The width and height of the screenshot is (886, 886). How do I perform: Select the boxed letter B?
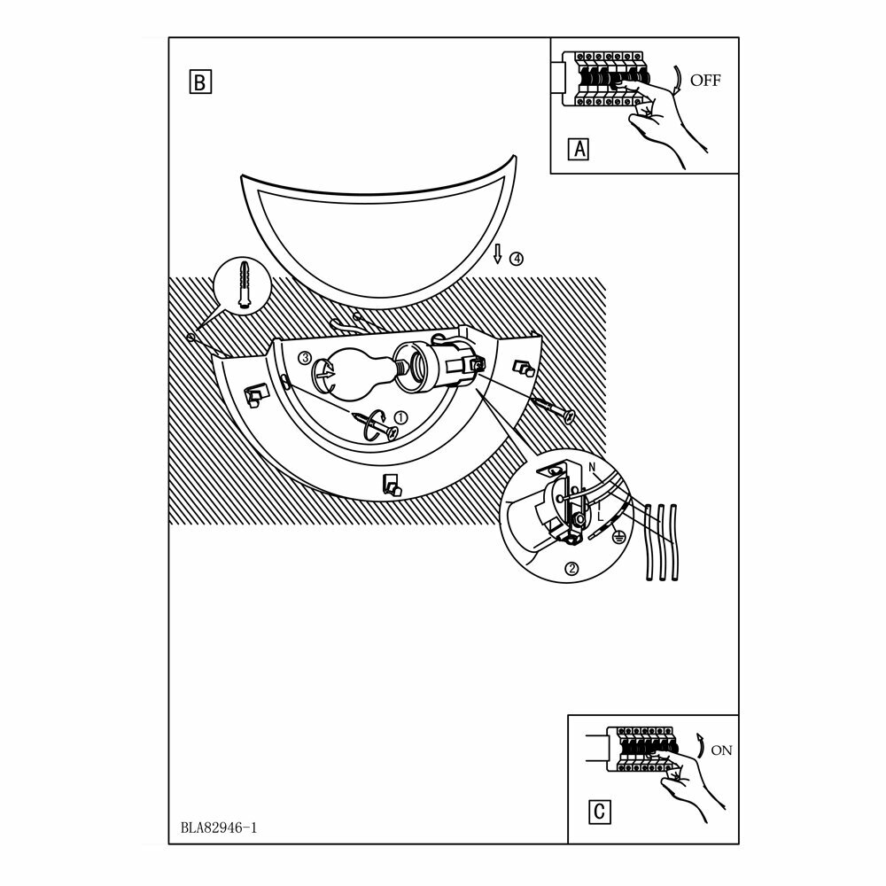199,82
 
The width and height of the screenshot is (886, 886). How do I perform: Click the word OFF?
706,80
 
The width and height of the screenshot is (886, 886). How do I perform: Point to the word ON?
722,750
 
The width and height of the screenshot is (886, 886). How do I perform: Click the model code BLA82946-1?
217,830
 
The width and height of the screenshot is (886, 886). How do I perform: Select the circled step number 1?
400,417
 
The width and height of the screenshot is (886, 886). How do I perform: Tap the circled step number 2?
572,570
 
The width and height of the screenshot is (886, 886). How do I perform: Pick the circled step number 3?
305,358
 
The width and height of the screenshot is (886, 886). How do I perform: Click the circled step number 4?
516,259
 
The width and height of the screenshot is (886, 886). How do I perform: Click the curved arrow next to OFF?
677,79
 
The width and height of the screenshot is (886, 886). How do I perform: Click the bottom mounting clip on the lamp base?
390,485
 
